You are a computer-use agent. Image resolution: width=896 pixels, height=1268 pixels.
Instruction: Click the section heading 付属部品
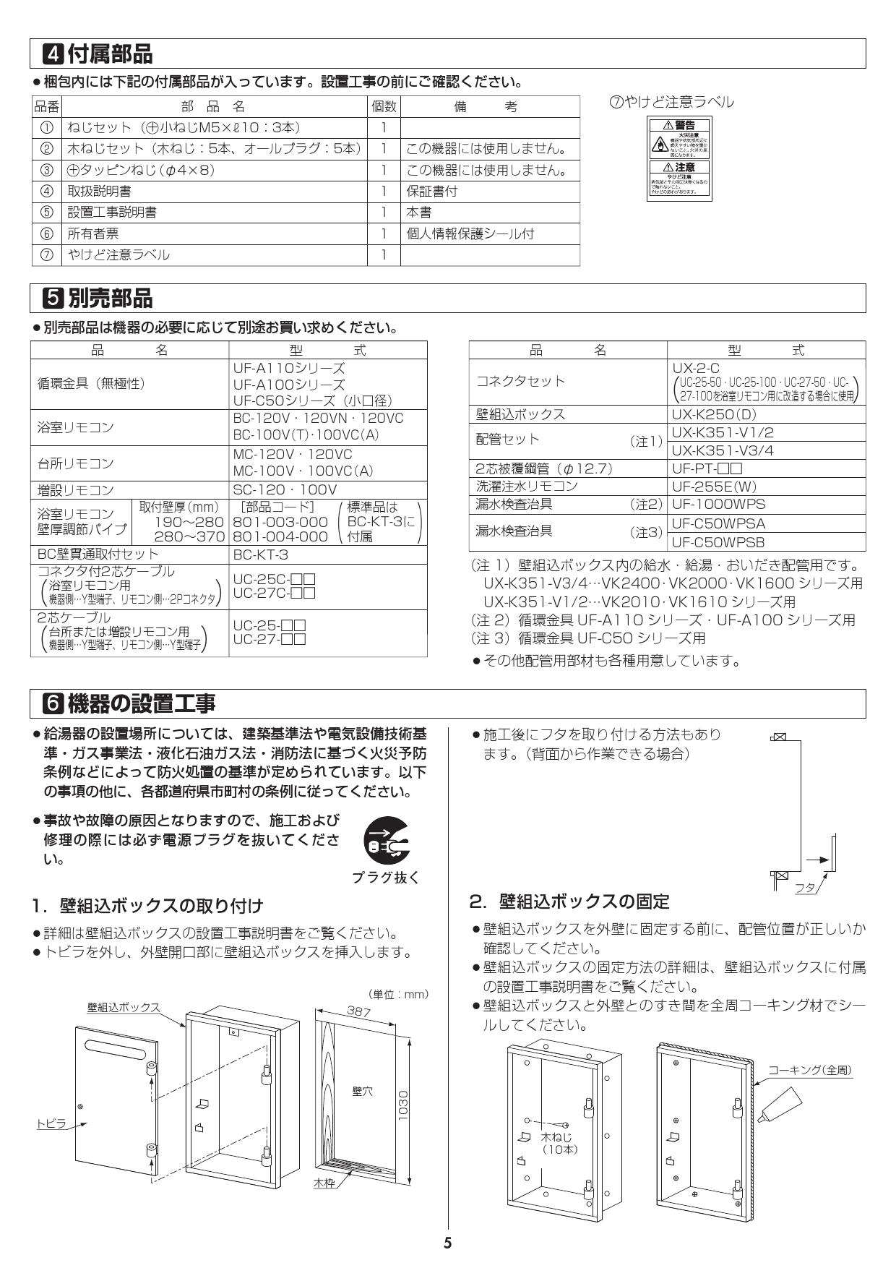pos(109,53)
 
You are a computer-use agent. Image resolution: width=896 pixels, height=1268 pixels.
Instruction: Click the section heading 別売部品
pos(109,297)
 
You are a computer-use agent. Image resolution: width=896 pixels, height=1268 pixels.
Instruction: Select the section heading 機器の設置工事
pos(141,702)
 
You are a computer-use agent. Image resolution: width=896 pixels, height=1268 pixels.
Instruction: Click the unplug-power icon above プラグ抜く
pos(385,841)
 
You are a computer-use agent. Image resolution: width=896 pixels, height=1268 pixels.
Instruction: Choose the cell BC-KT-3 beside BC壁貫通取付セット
pos(260,554)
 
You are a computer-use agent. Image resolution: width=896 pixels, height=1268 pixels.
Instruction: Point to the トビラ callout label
pos(51,1143)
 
